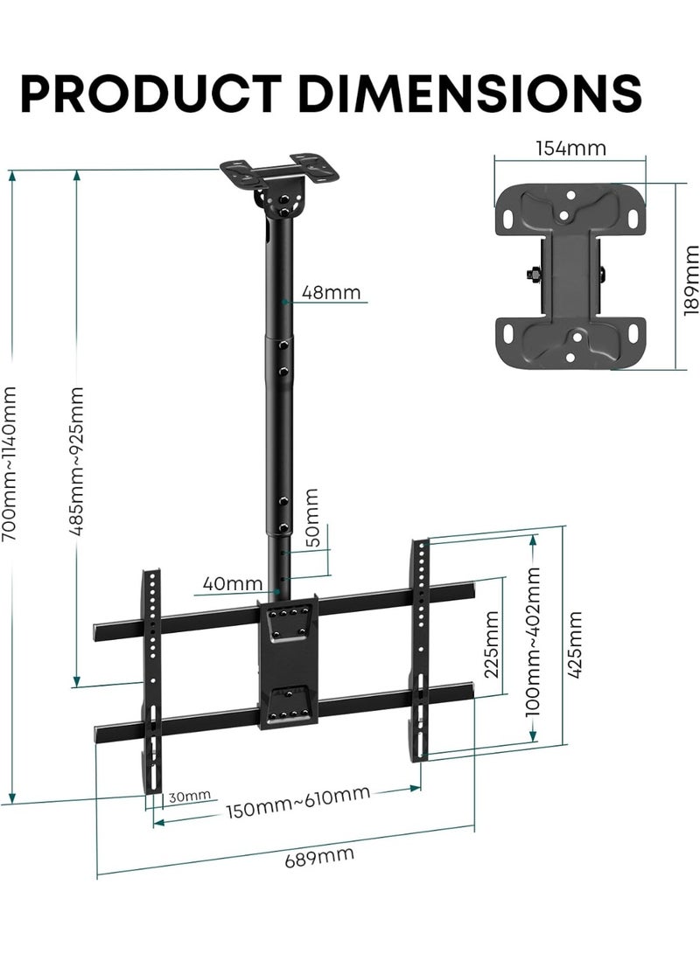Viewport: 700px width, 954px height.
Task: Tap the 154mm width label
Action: pos(570,147)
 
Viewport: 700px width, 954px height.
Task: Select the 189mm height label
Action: pos(689,279)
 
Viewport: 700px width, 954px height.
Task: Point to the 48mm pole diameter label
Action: pos(331,292)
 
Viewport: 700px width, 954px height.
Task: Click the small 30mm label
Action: pos(190,796)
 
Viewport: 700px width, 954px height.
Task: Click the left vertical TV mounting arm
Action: pos(152,665)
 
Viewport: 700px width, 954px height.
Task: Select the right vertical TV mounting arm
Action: pos(421,647)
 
